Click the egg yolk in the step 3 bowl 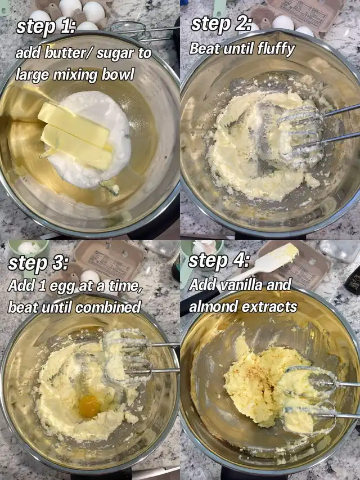pyautogui.click(x=89, y=406)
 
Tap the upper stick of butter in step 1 pyautogui.click(x=74, y=124)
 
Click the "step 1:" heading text pyautogui.click(x=46, y=27)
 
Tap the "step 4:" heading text pyautogui.click(x=219, y=261)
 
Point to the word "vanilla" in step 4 pyautogui.click(x=241, y=285)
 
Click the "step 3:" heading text pyautogui.click(x=38, y=263)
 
